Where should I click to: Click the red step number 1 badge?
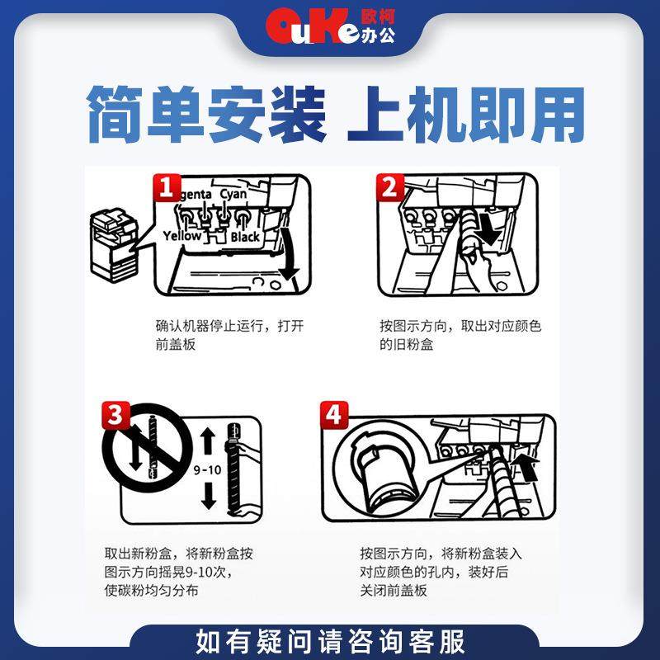(x=165, y=189)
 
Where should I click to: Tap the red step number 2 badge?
(x=389, y=189)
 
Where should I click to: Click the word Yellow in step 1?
(x=181, y=236)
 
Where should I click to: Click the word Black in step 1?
(x=245, y=237)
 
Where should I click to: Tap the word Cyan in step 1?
(x=233, y=195)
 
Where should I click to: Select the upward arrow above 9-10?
(x=207, y=441)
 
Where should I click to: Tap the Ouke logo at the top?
(x=330, y=26)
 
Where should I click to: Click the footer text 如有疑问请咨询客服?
(x=330, y=640)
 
